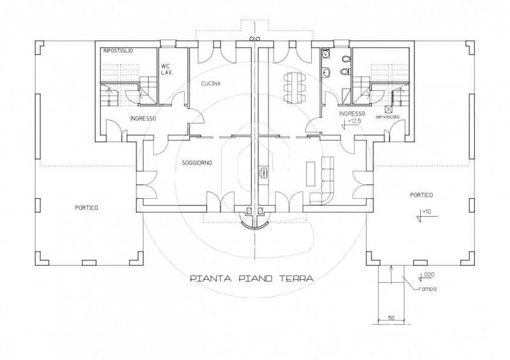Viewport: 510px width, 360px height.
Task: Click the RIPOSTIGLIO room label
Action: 118,51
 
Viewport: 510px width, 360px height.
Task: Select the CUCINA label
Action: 211,83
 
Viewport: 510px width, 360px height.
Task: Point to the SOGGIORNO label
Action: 197,162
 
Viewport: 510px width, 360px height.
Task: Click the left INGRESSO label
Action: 143,119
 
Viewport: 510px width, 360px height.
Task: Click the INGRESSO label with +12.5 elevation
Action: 352,113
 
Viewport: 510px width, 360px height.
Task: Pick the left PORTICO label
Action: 86,208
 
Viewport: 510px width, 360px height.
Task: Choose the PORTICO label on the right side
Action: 421,195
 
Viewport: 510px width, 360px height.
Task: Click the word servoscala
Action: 388,117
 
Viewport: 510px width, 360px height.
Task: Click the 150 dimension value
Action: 391,317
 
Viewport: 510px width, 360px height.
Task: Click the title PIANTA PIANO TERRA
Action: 252,278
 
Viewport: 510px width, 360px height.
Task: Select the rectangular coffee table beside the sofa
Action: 310,173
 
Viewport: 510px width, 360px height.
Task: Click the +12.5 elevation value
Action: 354,120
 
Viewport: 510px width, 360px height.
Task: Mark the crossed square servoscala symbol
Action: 388,109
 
